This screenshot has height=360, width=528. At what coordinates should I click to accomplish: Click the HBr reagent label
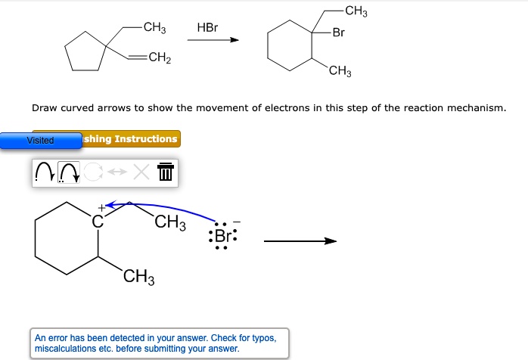click(207, 28)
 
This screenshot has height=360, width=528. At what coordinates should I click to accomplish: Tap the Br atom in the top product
click(338, 33)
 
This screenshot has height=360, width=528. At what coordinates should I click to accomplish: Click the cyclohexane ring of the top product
click(288, 48)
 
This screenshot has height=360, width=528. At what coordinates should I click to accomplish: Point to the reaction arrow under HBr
click(213, 41)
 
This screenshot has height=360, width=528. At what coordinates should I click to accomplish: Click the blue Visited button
click(41, 141)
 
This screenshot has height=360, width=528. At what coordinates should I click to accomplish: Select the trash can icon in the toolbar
click(166, 173)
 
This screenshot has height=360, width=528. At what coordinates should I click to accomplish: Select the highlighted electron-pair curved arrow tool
click(70, 173)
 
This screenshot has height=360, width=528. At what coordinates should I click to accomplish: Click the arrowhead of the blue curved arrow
click(110, 203)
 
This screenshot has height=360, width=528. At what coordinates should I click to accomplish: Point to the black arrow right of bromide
click(299, 241)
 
